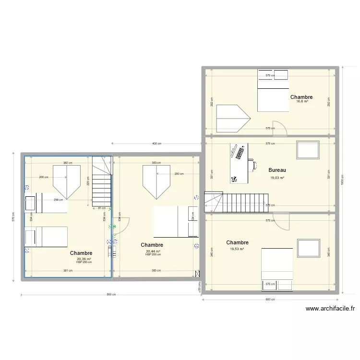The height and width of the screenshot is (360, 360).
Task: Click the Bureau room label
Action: (277, 170)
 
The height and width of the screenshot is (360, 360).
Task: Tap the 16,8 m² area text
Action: (302, 101)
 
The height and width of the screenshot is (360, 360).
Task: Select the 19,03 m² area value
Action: (277, 178)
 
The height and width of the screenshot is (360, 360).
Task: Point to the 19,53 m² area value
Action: (237, 249)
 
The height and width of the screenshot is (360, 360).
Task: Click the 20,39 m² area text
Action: (84, 259)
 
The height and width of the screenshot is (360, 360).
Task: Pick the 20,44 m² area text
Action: (153, 251)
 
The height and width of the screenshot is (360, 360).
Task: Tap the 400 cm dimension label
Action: (156, 144)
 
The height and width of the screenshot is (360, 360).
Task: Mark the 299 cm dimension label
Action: (58, 200)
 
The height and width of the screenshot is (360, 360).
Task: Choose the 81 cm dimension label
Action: (102, 208)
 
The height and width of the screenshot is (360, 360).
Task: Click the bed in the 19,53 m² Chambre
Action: (277, 269)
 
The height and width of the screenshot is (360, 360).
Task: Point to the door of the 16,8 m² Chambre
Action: (281, 125)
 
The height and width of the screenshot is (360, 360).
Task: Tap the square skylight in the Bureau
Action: (308, 150)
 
